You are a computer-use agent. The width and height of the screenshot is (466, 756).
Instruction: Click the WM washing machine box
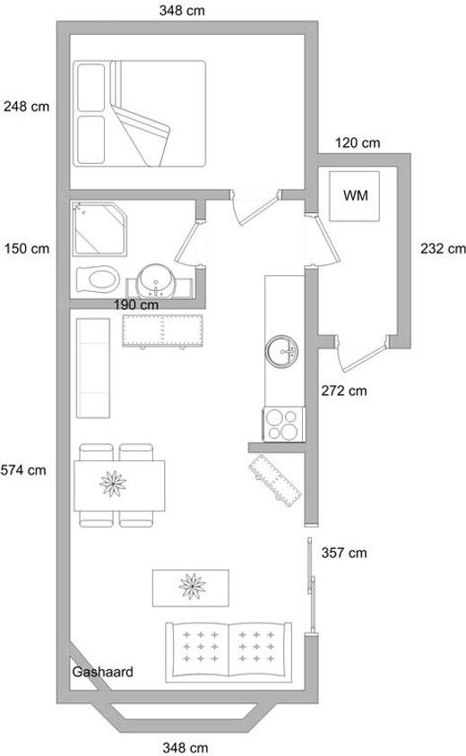pyautogui.click(x=354, y=196)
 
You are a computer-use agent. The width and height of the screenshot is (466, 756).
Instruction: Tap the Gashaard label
pyautogui.click(x=102, y=672)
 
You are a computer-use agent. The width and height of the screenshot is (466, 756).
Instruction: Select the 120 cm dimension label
pyautogui.click(x=358, y=142)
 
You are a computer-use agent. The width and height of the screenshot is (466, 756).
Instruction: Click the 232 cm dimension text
pyautogui.click(x=443, y=249)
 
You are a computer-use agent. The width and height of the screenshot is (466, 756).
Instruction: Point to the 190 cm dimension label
pyautogui.click(x=136, y=305)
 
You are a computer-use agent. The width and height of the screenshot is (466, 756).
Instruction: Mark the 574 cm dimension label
pyautogui.click(x=23, y=470)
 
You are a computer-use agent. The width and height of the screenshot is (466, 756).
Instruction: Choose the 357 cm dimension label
pyautogui.click(x=344, y=553)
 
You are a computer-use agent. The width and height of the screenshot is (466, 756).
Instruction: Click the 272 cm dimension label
pyautogui.click(x=344, y=391)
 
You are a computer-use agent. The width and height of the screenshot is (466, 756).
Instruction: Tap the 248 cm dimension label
pyautogui.click(x=27, y=106)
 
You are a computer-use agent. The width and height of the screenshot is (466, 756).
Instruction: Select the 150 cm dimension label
pyautogui.click(x=27, y=249)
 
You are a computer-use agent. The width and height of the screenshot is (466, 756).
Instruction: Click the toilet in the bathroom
pyautogui.click(x=98, y=279)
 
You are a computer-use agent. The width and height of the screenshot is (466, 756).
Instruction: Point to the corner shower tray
pyautogui.click(x=99, y=229)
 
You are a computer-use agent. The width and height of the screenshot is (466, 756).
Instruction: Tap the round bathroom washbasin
pyautogui.click(x=155, y=281)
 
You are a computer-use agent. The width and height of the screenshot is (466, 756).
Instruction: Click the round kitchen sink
pyautogui.click(x=281, y=352)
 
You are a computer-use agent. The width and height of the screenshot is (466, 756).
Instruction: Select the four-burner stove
pyautogui.click(x=284, y=424)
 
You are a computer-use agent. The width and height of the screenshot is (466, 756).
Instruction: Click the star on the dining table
pyautogui.click(x=113, y=484)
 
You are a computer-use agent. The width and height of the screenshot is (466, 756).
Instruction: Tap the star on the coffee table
pyautogui.click(x=192, y=587)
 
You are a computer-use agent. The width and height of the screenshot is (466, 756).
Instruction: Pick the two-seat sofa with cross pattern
pyautogui.click(x=229, y=652)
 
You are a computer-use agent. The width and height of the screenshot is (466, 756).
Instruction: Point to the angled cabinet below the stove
pyautogui.click(x=275, y=480)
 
